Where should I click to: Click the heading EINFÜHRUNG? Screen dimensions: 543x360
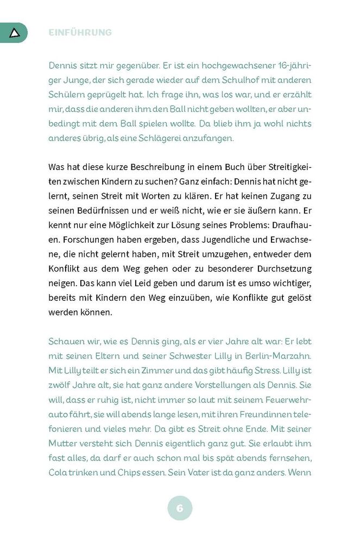click(80, 33)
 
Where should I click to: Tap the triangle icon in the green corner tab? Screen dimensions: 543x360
click(15, 33)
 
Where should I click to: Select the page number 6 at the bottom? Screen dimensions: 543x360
click(180, 509)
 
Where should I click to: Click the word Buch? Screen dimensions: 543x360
click(233, 167)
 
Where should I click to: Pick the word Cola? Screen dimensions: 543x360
click(59, 472)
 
